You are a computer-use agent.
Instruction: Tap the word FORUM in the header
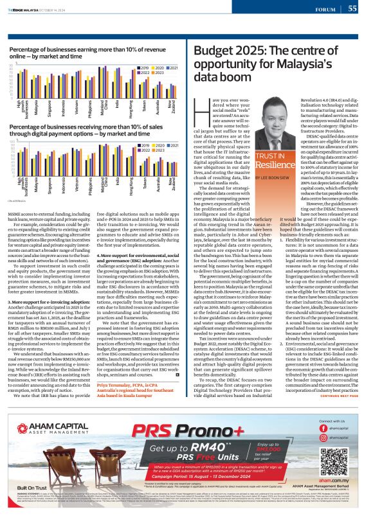pos(328,9)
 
